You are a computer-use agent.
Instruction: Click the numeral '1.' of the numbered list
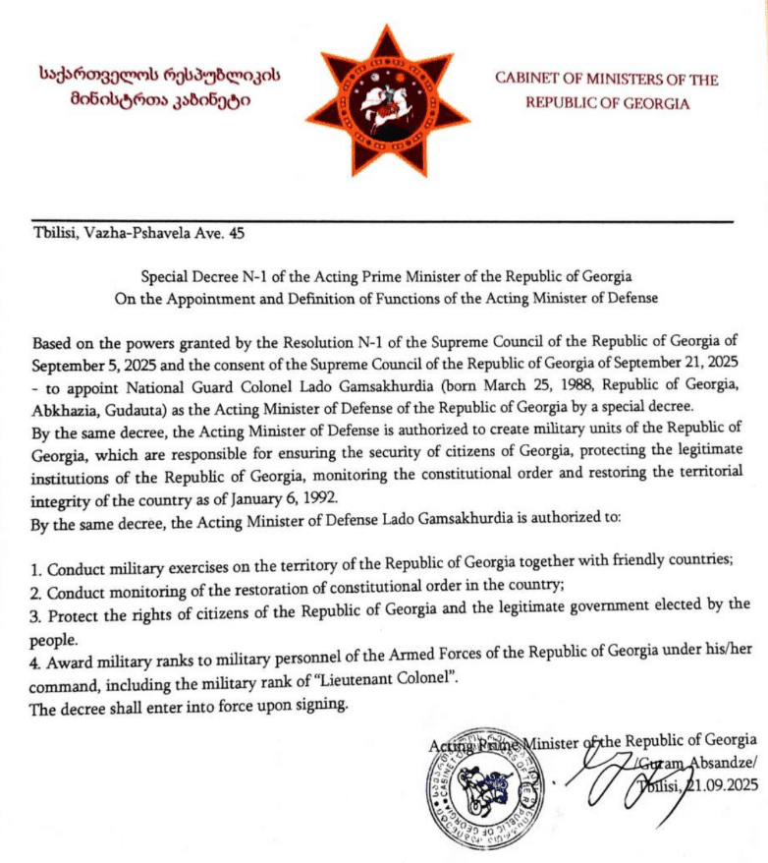[x=37, y=562]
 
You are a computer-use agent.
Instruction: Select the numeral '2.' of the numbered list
[x=37, y=584]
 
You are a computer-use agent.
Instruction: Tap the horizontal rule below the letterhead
[x=383, y=221]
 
